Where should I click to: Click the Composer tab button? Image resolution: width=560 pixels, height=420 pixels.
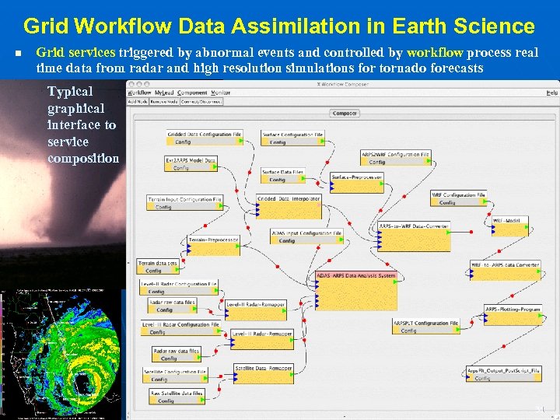coord(345,113)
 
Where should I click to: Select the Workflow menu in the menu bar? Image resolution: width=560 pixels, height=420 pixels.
coord(140,93)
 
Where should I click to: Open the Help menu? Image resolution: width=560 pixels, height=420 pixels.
coord(551,93)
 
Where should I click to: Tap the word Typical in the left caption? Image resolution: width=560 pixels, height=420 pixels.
coord(69,91)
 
